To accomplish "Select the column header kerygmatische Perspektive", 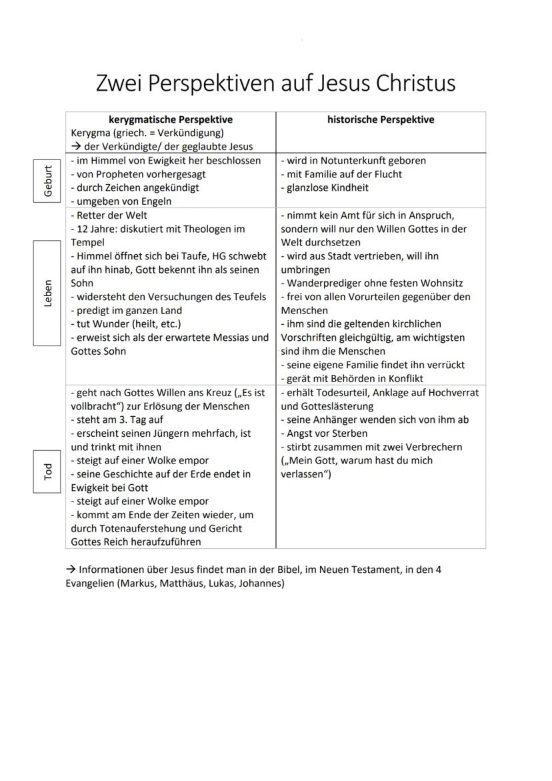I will click(171, 120).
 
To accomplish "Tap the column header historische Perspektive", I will click(381, 120).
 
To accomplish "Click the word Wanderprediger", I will click(321, 283).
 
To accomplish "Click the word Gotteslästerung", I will click(327, 406).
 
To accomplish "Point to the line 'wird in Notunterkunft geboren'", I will click(353, 161).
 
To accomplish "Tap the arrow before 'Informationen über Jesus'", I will click(70, 570).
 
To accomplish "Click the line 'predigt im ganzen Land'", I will click(127, 311).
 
